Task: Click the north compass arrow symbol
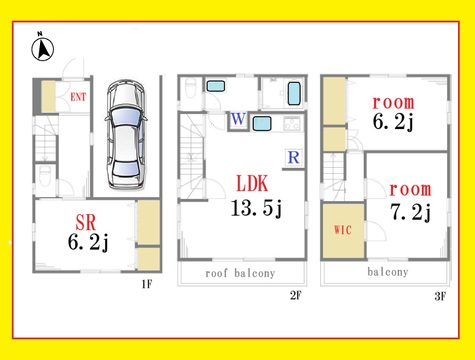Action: coord(43,49)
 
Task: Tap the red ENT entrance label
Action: coord(78,97)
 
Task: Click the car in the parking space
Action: coord(126,135)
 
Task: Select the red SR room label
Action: coord(86,222)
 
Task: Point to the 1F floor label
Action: coord(147,284)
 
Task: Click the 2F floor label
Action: coord(295,295)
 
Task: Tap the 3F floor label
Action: coord(440,296)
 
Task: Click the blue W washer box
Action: coord(238,119)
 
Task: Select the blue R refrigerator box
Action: coord(294,157)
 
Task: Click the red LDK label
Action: coord(252,183)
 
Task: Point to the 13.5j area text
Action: coord(256,208)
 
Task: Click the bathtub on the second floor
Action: coord(294,93)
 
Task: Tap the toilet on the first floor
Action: coord(45,176)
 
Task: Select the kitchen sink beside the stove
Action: coord(262,123)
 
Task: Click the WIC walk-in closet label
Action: coord(343,230)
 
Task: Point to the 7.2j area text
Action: coord(411,212)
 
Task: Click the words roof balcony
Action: coord(240,273)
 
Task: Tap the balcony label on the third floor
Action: coord(388,272)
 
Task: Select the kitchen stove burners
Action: coord(292,124)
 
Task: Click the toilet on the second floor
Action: coord(190,88)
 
